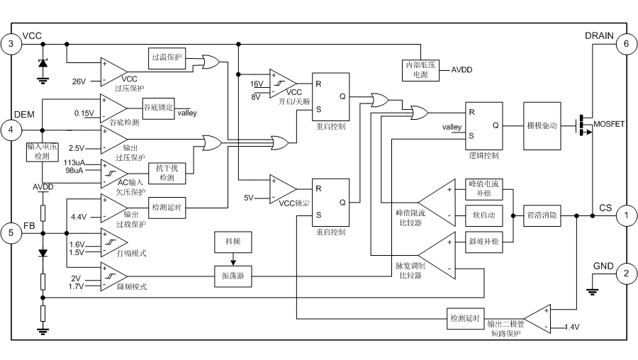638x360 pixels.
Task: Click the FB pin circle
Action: pos(10,231)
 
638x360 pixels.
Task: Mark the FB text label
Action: pos(28,225)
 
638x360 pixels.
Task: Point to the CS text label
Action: pos(604,210)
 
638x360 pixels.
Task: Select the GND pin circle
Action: pos(627,272)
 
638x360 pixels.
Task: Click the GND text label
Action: pos(604,266)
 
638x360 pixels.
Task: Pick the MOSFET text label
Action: pos(608,125)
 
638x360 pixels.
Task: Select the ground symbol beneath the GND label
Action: pos(590,287)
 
